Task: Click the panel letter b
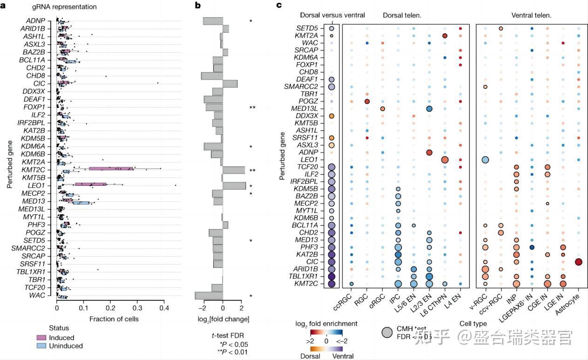[x=198, y=6]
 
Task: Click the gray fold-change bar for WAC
[x=209, y=295]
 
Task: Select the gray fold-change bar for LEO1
[x=234, y=186]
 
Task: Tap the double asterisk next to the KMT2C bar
[x=252, y=170]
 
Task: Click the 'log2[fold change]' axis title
[x=223, y=319]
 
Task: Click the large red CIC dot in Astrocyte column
[x=579, y=262]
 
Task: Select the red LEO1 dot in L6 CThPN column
[x=445, y=160]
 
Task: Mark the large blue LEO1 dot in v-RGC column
[x=485, y=160]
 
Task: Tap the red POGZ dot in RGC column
[x=367, y=102]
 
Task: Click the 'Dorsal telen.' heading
[x=402, y=15]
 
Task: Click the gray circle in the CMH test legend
[x=387, y=332]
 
